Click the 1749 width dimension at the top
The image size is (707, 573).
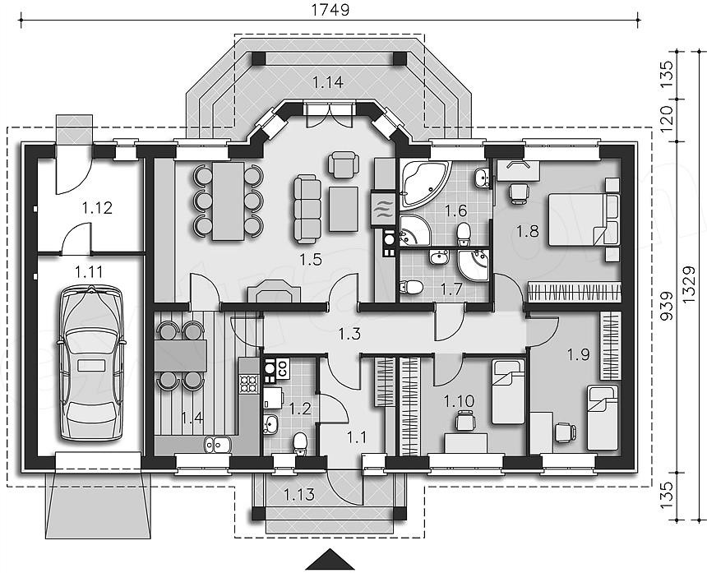point(330,10)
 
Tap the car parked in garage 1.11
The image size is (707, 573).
point(90,362)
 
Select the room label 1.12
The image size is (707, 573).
point(97,208)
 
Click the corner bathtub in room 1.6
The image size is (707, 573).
point(424,184)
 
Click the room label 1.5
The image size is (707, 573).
point(310,259)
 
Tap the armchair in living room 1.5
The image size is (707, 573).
point(344,164)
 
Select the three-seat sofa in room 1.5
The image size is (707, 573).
point(307,210)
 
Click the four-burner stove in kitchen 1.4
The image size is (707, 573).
point(248,384)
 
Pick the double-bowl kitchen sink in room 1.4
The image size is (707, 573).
point(217,445)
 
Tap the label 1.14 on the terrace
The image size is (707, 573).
point(328,82)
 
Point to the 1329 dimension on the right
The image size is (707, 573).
point(689,287)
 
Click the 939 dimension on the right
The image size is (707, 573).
point(667,306)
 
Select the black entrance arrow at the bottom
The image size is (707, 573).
point(330,560)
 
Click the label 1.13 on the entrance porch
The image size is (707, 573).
point(299,495)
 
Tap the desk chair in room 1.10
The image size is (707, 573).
point(465,421)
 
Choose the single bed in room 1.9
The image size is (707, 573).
point(603,418)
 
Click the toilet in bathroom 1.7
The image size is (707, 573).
point(411,287)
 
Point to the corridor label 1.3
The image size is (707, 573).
point(349,334)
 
